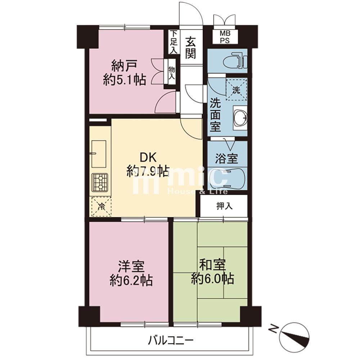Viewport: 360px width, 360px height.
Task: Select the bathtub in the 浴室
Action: (x=227, y=179)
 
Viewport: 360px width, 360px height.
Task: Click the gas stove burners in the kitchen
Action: (x=100, y=183)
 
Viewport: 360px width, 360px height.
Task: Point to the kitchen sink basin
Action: (x=99, y=154)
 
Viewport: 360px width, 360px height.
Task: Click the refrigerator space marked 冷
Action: (x=101, y=206)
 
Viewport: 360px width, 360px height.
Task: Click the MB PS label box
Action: (x=225, y=37)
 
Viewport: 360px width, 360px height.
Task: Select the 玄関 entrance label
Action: (x=190, y=48)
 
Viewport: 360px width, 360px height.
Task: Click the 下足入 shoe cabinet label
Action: (x=174, y=42)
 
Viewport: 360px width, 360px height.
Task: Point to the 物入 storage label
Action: (x=171, y=73)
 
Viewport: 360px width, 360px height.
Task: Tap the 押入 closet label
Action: (x=225, y=206)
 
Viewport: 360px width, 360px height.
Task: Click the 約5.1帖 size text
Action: (x=125, y=80)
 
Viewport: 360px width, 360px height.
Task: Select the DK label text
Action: (x=148, y=158)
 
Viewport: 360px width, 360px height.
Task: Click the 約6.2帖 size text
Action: (x=131, y=280)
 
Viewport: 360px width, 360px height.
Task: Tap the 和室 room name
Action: (x=212, y=265)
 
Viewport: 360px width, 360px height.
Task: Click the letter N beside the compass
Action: (x=273, y=329)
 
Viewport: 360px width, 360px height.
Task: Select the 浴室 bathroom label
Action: (x=226, y=158)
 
